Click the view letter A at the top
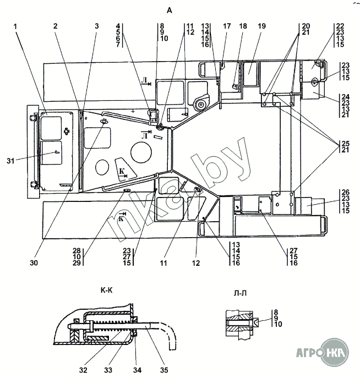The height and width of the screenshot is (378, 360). (170, 10)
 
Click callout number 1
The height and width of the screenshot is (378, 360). (15, 26)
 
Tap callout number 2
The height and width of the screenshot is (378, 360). (56, 26)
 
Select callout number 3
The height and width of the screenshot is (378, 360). (97, 26)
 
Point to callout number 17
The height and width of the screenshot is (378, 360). (227, 26)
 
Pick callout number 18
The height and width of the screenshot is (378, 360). (243, 26)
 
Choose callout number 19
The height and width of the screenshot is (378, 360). (261, 26)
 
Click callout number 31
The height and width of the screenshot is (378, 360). (10, 161)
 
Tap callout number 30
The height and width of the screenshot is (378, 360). (34, 263)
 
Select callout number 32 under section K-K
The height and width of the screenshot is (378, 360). (83, 370)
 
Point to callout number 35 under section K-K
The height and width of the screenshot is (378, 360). (163, 370)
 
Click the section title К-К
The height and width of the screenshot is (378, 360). (107, 291)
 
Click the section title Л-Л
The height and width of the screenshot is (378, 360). (240, 293)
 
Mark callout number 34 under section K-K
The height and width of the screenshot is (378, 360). (137, 370)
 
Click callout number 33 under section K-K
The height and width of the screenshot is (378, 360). (108, 370)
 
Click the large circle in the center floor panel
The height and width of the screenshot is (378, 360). (141, 152)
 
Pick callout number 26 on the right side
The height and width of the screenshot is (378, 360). (346, 192)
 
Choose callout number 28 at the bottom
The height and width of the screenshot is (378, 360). (77, 250)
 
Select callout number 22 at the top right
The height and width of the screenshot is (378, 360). (340, 26)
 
